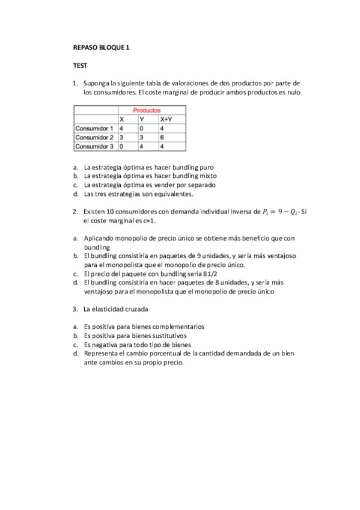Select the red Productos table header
(147, 111)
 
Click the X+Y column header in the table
(166, 120)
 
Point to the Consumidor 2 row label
(94, 137)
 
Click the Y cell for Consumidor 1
(141, 129)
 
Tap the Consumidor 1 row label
(94, 129)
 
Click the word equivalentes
(173, 194)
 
